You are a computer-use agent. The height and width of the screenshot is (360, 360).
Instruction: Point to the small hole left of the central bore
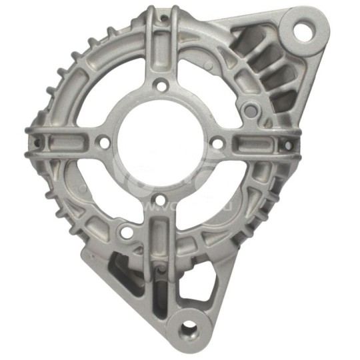pyautogui.click(x=104, y=141)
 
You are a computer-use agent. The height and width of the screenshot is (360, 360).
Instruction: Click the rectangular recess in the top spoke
pyautogui.click(x=161, y=50)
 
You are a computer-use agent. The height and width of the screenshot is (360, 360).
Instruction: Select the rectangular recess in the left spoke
pyautogui.click(x=63, y=141)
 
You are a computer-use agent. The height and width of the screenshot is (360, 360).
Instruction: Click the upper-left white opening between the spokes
pyautogui.click(x=107, y=87)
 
